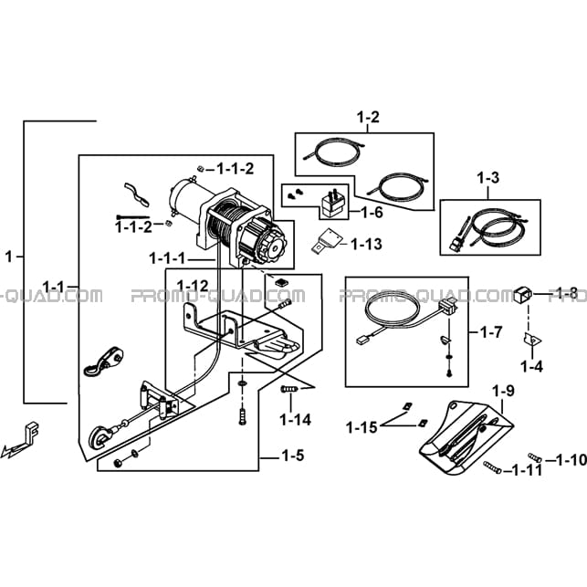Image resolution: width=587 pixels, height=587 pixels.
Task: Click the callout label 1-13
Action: tap(366, 244)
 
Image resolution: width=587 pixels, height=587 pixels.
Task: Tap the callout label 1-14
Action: tap(296, 420)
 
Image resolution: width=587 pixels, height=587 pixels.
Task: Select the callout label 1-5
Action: tap(292, 456)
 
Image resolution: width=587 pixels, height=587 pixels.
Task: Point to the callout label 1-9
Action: tap(503, 392)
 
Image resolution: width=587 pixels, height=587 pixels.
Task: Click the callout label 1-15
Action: tap(362, 427)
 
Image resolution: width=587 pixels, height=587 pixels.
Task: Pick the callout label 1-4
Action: tap(531, 366)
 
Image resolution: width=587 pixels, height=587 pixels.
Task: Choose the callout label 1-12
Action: tap(193, 286)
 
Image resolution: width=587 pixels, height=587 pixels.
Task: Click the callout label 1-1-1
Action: tap(167, 258)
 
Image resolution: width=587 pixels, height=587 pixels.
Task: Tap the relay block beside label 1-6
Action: tap(332, 204)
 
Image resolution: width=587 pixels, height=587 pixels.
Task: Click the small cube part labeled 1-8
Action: tap(523, 294)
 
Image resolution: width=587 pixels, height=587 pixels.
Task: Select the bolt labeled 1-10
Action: tap(535, 457)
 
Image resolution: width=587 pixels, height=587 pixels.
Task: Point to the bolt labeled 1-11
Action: tap(492, 467)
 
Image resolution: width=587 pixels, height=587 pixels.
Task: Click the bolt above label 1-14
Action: tap(289, 389)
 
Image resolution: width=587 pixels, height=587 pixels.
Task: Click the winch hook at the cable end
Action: tap(100, 437)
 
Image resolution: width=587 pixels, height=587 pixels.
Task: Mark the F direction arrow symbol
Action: tap(21, 440)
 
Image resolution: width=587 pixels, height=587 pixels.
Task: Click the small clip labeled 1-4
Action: tap(532, 340)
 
